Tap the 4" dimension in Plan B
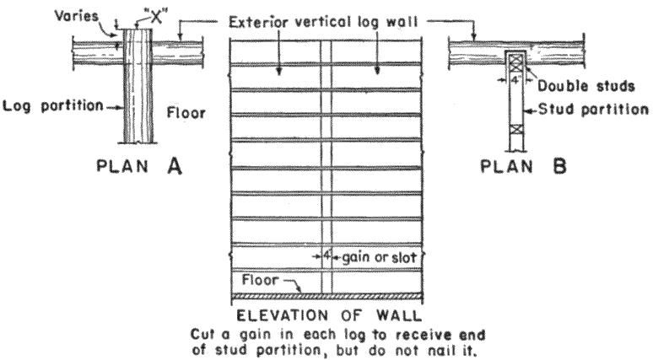[x=515, y=81]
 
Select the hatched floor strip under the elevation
[x=326, y=296]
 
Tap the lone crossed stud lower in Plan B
[x=515, y=133]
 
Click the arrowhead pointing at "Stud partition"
[x=532, y=110]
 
